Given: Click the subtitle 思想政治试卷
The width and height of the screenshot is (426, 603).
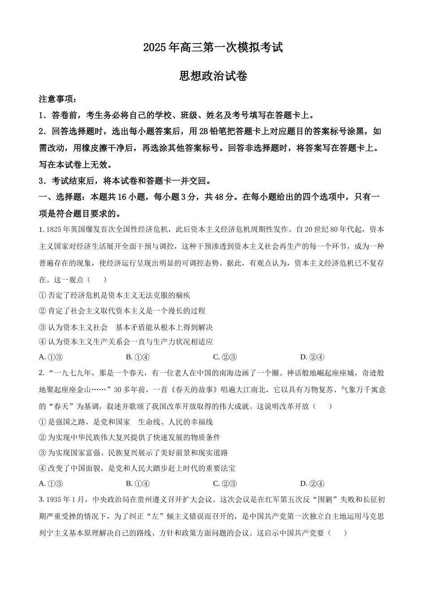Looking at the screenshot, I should (x=213, y=76).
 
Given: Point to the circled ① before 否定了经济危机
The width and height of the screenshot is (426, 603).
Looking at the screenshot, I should (x=43, y=295).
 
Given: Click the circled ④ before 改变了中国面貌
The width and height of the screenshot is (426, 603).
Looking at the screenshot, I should (x=43, y=468).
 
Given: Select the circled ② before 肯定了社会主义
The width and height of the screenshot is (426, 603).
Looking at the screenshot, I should (x=43, y=311).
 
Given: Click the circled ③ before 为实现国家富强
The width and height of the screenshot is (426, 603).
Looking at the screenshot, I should (x=43, y=453).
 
